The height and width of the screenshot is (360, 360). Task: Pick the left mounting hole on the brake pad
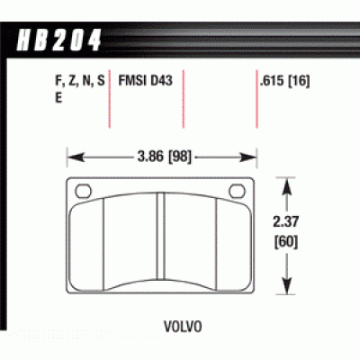pos(85,190)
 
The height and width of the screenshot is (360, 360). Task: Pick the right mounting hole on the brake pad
pos(238,190)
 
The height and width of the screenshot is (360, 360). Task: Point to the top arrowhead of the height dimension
pos(288,182)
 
